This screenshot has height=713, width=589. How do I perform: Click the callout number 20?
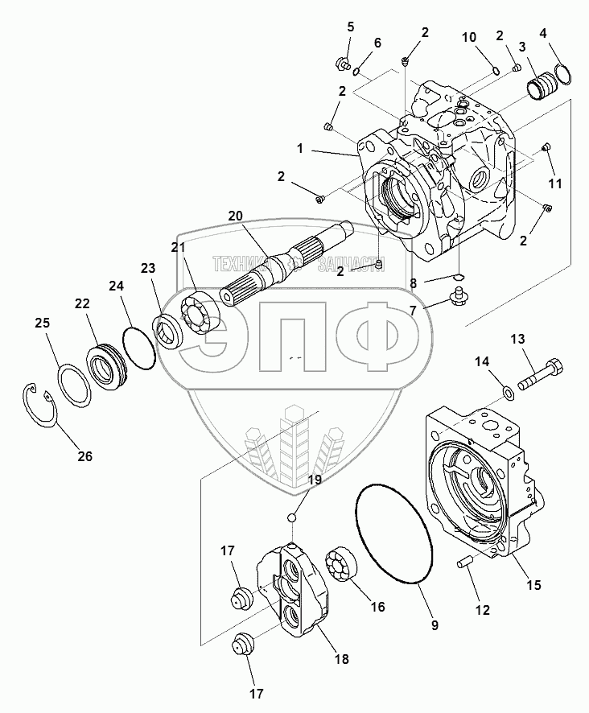pyautogui.click(x=234, y=216)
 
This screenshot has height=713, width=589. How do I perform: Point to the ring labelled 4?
pyautogui.click(x=562, y=73)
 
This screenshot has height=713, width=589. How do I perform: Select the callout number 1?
pyautogui.click(x=299, y=149)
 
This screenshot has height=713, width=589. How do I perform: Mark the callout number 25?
pyautogui.click(x=43, y=323)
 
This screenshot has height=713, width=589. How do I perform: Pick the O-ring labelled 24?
pyautogui.click(x=140, y=346)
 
